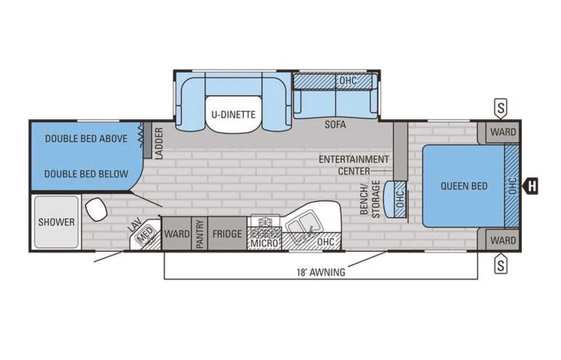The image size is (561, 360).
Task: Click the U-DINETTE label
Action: tap(233, 115)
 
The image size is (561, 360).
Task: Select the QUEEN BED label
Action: tap(461, 186)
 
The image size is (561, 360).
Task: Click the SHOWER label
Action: tap(57, 223)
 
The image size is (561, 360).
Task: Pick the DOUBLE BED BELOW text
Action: tap(85, 173)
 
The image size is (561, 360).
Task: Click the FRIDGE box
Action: tap(227, 233)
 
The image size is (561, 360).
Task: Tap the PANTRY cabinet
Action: tap(199, 233)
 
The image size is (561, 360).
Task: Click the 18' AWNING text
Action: tap(320, 272)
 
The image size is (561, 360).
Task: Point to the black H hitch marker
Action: tap(531, 185)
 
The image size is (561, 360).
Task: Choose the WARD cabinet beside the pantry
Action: tap(176, 233)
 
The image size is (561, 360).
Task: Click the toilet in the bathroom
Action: tap(97, 208)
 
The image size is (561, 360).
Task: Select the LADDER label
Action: tap(159, 144)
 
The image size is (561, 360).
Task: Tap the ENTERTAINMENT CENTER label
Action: tap(354, 164)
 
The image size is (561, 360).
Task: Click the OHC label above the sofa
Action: tap(348, 80)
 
